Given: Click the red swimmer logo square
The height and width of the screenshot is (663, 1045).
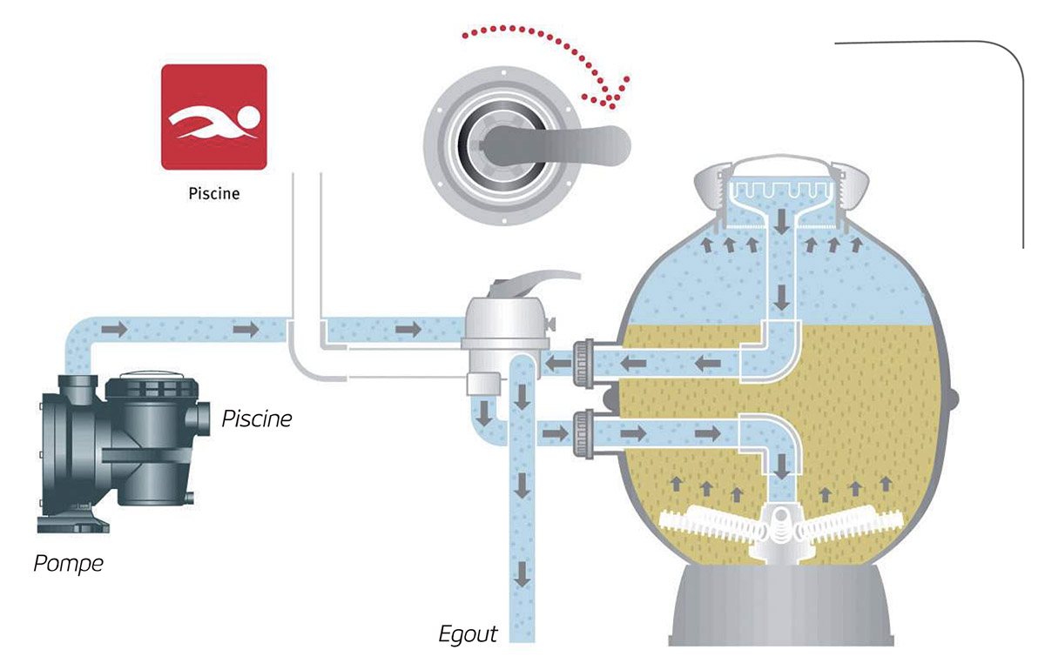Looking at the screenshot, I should click(x=213, y=117).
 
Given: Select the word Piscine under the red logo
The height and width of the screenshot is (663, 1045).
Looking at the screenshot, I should click(x=213, y=193).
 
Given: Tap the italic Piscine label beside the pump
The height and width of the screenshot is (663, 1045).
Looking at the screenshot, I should click(x=257, y=419).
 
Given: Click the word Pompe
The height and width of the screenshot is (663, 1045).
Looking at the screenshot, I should click(x=68, y=563).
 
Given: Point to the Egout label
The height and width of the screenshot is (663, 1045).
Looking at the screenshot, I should click(x=468, y=633).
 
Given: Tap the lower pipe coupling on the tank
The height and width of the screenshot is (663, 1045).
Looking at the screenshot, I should click(x=581, y=432).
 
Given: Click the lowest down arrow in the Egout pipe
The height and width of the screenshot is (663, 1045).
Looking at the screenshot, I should click(x=522, y=574).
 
